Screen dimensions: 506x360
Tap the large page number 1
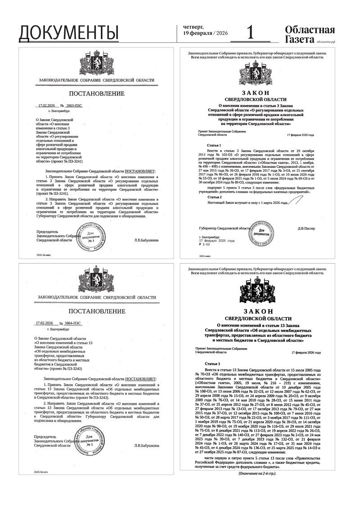point(251,32)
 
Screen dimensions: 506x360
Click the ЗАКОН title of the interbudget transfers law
point(258,311)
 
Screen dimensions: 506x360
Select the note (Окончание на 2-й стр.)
point(257,474)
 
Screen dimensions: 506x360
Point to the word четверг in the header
point(193,27)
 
